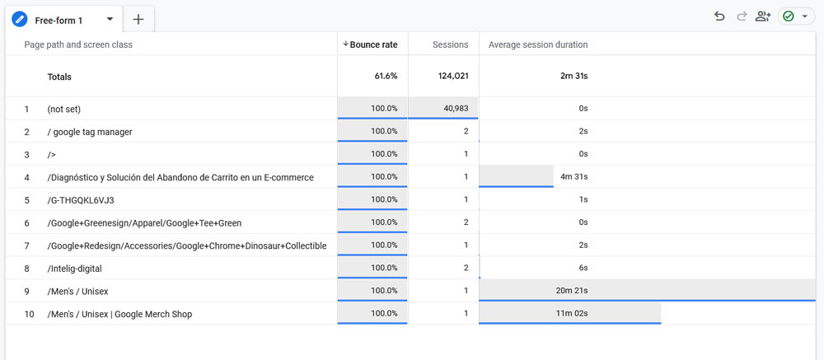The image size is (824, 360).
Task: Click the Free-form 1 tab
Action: tap(59, 20)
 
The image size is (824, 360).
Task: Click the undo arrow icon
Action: tap(719, 16)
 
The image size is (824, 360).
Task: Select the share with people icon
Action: tap(763, 16)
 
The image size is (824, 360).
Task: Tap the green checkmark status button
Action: tap(794, 16)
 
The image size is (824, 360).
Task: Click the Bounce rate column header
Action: tap(373, 44)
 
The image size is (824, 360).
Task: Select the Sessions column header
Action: tap(450, 44)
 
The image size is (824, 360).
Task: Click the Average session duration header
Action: tap(538, 44)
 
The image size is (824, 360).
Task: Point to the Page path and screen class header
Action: tap(78, 44)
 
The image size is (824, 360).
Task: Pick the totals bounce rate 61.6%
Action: tap(386, 76)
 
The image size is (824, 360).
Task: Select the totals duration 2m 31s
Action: tap(574, 76)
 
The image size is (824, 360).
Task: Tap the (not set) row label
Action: tap(64, 109)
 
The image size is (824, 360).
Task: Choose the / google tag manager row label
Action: tap(90, 132)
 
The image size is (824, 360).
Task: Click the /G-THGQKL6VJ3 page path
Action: tap(81, 200)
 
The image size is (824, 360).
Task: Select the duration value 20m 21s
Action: tap(572, 291)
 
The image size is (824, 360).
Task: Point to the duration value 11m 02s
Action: tap(572, 314)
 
